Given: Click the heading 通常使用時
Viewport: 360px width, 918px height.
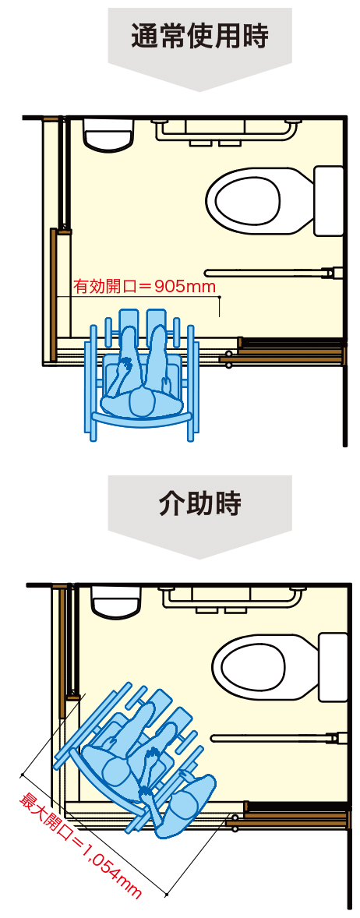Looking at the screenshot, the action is click(199, 36).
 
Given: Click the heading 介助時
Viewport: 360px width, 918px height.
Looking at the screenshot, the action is click(199, 503).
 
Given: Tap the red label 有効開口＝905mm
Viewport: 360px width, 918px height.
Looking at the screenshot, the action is click(144, 287).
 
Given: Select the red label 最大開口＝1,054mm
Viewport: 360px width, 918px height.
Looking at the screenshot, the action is click(81, 839).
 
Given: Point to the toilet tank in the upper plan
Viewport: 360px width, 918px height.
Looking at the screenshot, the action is click(329, 200).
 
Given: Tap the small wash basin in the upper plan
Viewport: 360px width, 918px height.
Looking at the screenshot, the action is click(109, 132).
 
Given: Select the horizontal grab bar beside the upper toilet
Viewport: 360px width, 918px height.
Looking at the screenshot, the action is click(270, 272).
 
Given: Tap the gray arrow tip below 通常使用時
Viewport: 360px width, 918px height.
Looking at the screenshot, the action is click(199, 90).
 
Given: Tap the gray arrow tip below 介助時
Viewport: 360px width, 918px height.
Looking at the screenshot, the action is click(199, 557).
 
